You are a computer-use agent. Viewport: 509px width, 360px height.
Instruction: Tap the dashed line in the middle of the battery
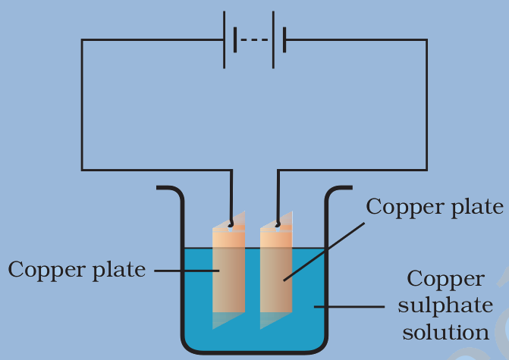click(255, 39)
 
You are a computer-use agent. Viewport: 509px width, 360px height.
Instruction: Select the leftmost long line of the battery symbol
click(225, 39)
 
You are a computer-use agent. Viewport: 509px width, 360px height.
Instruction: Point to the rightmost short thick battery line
click(284, 39)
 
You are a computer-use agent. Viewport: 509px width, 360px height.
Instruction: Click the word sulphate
click(445, 305)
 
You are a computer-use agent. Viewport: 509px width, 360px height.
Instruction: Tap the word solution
click(445, 331)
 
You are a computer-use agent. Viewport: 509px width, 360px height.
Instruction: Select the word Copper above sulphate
click(445, 279)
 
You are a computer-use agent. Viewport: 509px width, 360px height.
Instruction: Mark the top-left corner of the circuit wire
click(82, 39)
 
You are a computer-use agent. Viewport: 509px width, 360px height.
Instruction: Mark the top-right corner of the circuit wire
click(426, 39)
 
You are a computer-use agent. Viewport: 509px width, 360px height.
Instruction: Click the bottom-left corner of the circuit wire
click(82, 169)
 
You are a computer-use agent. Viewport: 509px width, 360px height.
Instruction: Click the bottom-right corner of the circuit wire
click(426, 169)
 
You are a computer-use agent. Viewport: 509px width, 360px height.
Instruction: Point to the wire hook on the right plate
click(279, 222)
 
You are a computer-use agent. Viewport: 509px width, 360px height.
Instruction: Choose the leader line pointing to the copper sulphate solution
click(349, 307)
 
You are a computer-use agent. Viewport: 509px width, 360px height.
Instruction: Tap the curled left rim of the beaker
click(168, 189)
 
